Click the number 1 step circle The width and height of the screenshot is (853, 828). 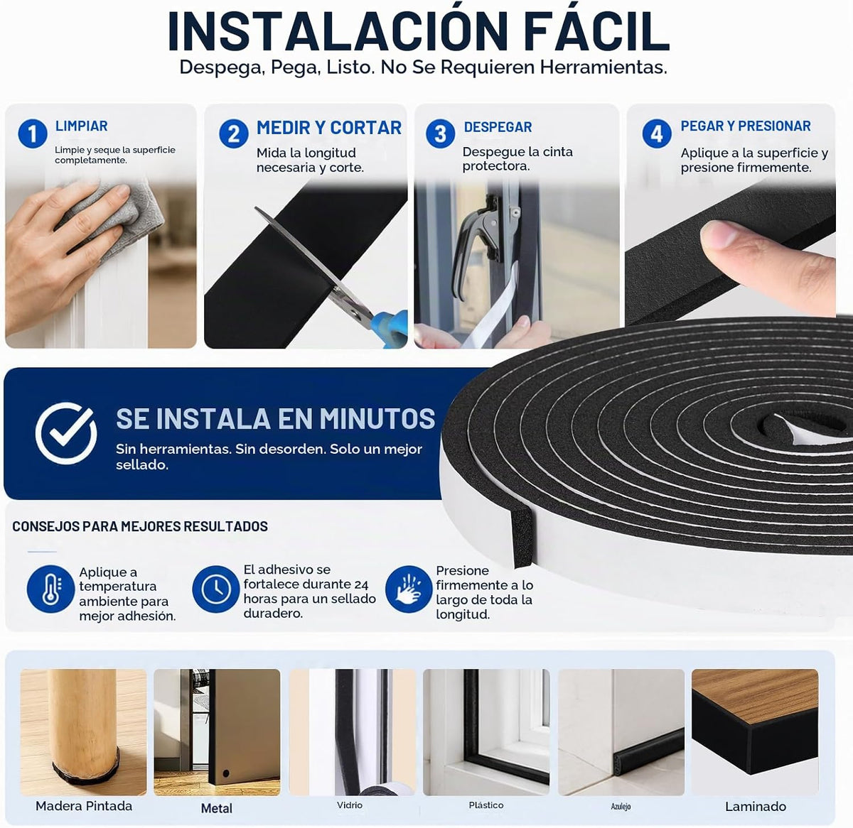pos(33,134)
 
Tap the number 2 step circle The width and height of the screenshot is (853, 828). pos(234,134)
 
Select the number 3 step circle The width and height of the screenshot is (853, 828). pos(440,134)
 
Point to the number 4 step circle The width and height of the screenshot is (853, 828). pos(657,134)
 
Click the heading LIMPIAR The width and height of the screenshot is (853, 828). pos(81,126)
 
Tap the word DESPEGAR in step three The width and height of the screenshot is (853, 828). pos(498,127)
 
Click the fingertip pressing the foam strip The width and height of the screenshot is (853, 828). pos(723,234)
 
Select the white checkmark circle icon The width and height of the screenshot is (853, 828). pos(65,433)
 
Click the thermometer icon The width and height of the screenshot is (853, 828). pos(50,589)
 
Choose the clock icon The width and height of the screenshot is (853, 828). pos(215,589)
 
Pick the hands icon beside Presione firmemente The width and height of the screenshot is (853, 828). pos(409,589)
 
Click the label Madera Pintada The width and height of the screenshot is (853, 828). pos(84,806)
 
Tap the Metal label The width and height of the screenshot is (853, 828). pos(217,808)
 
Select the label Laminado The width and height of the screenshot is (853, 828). pos(755,806)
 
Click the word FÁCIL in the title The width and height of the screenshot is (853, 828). pos(596,31)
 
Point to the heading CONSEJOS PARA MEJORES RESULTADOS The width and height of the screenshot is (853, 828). pos(140,526)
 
